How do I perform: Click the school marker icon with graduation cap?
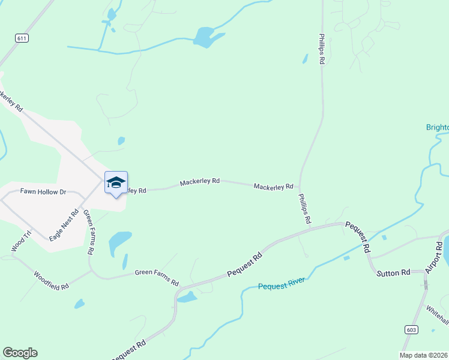point(116,183)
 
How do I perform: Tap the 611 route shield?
point(22,38)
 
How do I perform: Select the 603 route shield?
point(411,329)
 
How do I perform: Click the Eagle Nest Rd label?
point(64,224)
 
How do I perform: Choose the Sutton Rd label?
point(393,273)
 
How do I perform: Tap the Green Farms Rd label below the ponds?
point(157,277)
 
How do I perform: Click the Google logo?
point(20,353)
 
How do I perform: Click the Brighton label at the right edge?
point(437,127)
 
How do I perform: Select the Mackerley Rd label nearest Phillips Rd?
point(273,187)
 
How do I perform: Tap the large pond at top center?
point(205,37)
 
